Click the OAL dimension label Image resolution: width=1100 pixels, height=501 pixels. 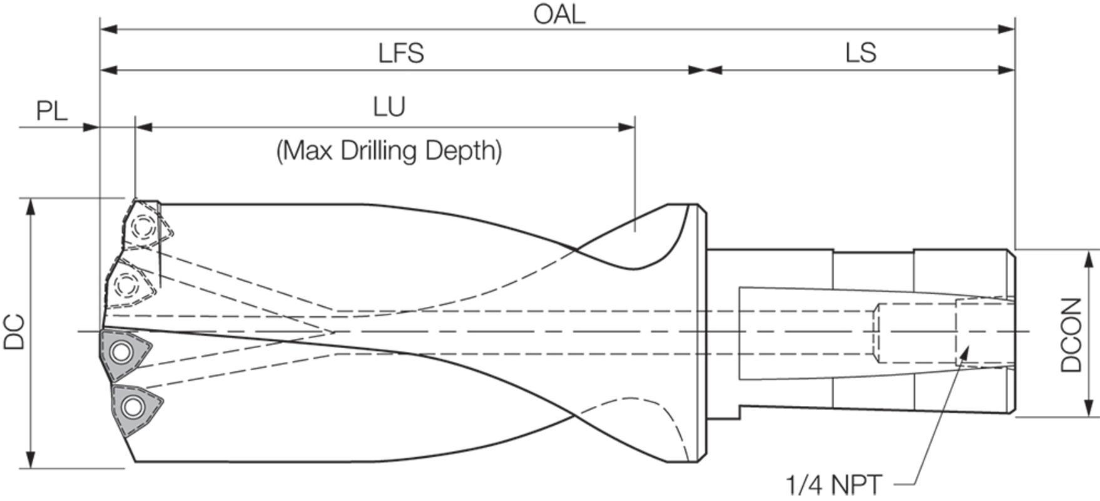point(559,14)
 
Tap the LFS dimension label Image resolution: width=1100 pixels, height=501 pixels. point(401,53)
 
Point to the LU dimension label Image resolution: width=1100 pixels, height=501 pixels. point(389,107)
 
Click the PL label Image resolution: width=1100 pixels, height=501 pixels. point(51,111)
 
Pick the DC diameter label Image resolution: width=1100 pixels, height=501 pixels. point(15,331)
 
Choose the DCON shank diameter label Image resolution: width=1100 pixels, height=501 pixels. point(1071,334)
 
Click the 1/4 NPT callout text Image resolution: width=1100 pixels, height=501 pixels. point(833,485)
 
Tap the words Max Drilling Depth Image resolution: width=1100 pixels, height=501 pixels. point(389,151)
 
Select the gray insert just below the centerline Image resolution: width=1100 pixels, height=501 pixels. point(125,354)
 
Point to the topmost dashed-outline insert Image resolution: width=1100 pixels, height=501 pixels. point(146,225)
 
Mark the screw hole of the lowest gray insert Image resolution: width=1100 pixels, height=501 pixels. point(132,408)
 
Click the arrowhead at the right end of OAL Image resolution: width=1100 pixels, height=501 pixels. point(1007,29)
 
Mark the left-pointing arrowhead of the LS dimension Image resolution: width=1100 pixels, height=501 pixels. point(714,70)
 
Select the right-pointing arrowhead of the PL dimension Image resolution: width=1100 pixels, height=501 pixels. point(91,127)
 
